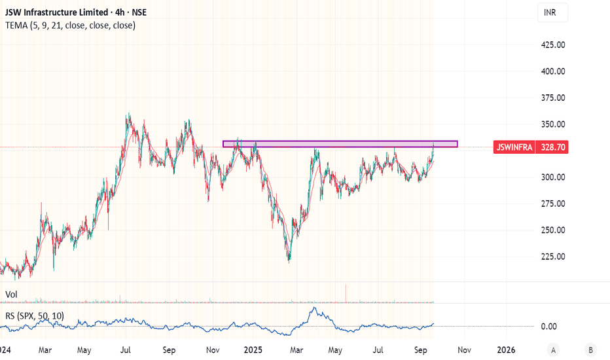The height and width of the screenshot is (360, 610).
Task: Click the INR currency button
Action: pos(552,12)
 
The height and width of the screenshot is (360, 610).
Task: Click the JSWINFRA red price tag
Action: pos(514,147)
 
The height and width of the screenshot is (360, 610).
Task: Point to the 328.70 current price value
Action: pos(552,147)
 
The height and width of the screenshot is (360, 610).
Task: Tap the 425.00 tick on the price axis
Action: pos(553,45)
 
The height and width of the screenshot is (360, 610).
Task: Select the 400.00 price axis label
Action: pos(553,71)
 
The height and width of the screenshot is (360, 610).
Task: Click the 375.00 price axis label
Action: pos(553,98)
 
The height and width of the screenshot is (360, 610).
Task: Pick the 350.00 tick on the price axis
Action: pos(553,124)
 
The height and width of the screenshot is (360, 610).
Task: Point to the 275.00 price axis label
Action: pos(553,204)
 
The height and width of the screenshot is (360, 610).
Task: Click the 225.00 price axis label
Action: pos(553,257)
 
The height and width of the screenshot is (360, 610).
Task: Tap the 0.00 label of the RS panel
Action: pos(548,327)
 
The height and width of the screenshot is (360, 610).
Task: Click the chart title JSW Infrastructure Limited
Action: pos(56,12)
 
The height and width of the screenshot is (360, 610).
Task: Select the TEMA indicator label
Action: pos(71,26)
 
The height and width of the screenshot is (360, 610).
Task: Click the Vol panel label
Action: pos(11,295)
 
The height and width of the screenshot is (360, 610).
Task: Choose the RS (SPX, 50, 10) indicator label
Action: pos(35,315)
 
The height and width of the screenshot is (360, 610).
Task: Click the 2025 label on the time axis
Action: pos(253,350)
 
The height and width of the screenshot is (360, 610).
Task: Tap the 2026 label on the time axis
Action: pos(506,350)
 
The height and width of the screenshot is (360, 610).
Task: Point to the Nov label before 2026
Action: pos(464,350)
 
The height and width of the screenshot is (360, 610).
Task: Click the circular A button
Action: pos(553,350)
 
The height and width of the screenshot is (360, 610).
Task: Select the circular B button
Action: pos(590,350)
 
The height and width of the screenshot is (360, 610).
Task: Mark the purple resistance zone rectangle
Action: pos(340,144)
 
